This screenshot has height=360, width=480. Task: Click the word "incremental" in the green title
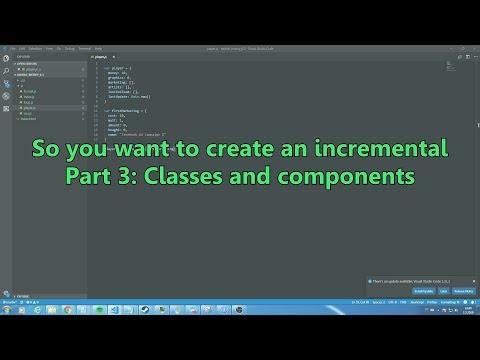388,150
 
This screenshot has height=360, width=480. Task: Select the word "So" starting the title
44,150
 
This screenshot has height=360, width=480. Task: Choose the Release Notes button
462,291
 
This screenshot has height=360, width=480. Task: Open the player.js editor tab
101,58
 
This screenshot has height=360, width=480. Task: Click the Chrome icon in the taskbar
68,309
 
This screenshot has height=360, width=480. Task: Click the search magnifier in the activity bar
6,70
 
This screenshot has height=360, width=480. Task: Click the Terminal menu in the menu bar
84,47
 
